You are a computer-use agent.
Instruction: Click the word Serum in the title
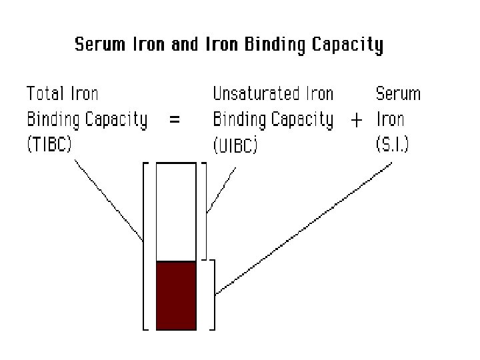click(97, 45)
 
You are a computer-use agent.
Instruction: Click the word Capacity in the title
click(350, 46)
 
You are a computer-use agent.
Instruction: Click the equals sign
click(175, 120)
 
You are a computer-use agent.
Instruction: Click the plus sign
click(357, 121)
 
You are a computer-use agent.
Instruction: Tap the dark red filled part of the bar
click(176, 295)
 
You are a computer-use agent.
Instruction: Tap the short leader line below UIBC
click(221, 189)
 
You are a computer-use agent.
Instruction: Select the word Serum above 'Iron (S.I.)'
click(399, 93)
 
